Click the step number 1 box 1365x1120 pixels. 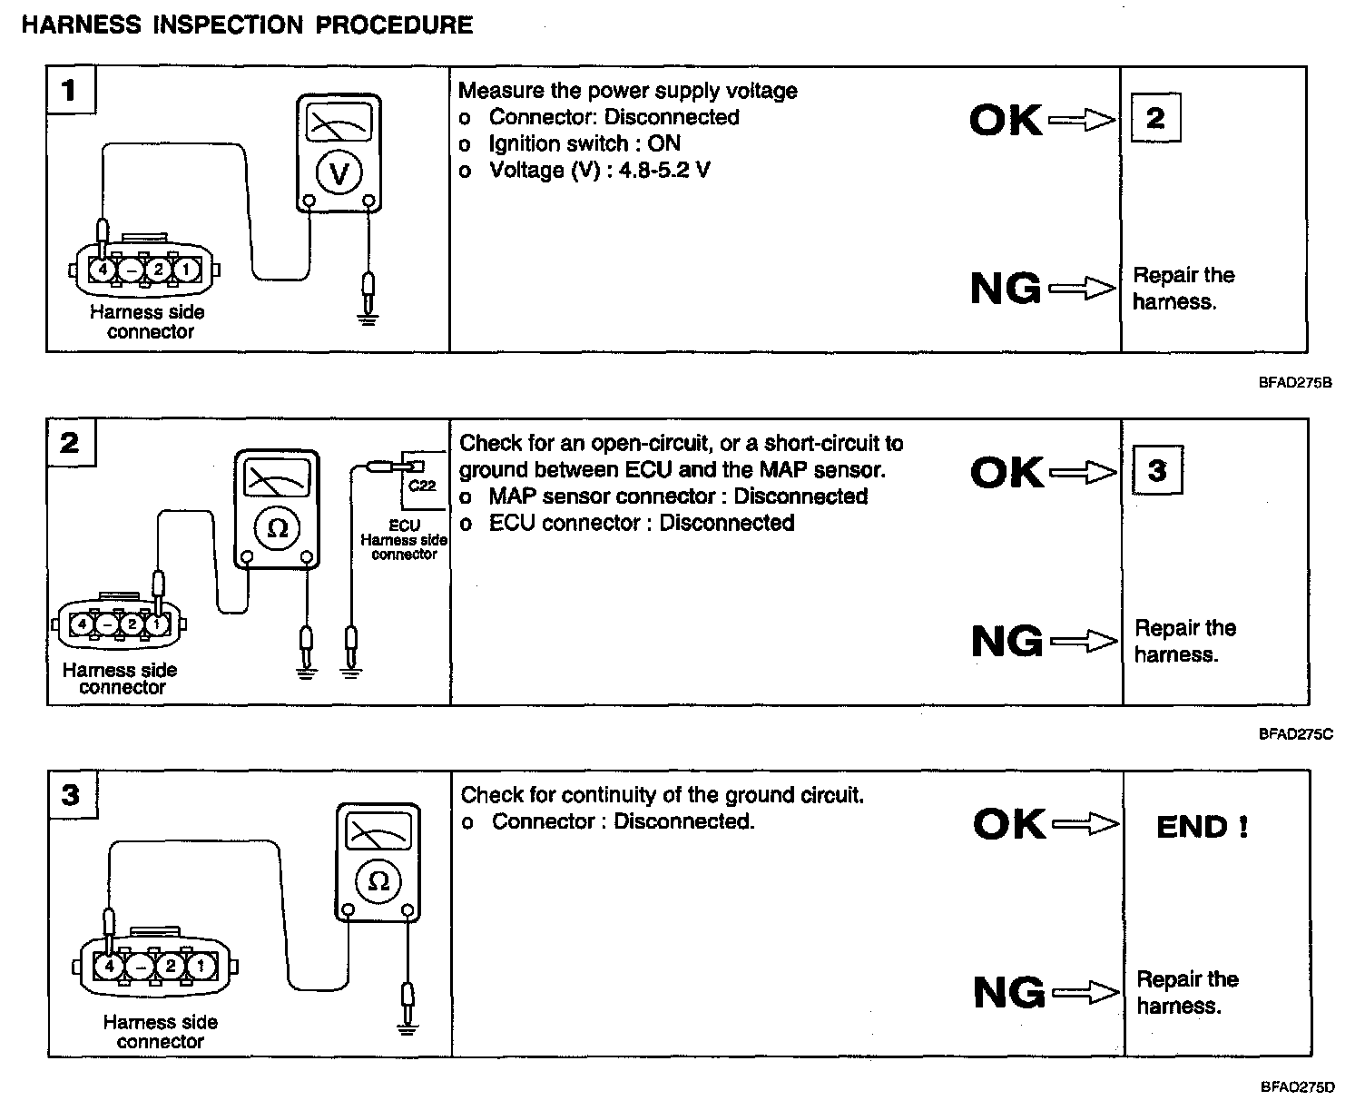70,90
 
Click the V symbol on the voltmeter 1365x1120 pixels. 339,172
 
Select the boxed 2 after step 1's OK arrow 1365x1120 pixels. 1155,118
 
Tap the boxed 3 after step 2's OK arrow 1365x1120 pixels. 1157,470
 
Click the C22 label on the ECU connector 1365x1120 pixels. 422,486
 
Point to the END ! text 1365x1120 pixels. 1202,827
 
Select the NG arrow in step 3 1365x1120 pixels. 1084,992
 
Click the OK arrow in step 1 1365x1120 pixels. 1081,120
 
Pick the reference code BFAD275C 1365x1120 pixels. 1295,734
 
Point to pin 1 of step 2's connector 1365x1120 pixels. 158,624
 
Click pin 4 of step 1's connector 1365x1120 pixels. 103,270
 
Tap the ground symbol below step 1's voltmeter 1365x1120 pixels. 368,319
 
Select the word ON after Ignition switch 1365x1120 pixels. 664,143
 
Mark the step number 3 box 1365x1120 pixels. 71,795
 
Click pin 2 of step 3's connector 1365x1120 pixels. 169,966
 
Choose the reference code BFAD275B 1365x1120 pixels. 1295,382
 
